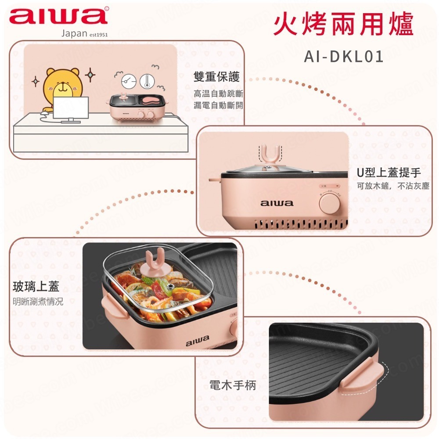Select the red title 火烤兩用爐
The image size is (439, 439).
point(343,26)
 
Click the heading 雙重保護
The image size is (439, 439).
point(217,77)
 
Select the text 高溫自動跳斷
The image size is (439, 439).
point(218,94)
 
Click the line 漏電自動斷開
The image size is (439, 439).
point(218,105)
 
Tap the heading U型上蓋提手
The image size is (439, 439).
point(389,173)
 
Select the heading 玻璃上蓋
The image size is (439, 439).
point(36,287)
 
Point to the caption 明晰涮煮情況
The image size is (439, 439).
point(38,302)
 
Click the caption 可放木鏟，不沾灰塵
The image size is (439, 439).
point(392,186)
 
